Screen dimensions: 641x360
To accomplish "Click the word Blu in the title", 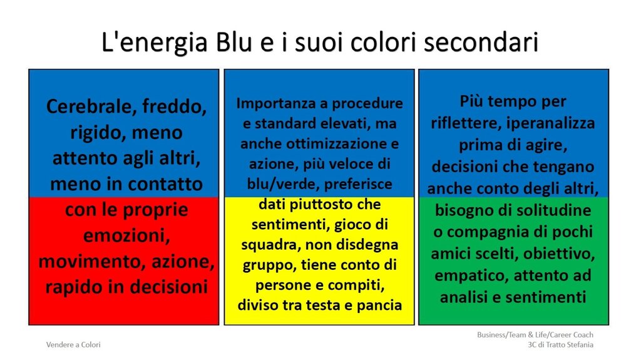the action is click(233, 42).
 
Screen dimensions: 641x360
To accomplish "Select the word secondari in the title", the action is click(481, 42).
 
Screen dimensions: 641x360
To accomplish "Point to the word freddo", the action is click(175, 107).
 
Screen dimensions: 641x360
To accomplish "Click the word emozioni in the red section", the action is click(126, 235).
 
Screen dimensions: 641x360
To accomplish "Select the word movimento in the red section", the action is click(93, 262).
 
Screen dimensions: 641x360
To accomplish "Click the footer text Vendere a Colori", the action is click(73, 345).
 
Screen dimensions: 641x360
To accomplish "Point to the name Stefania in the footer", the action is click(580, 345).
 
